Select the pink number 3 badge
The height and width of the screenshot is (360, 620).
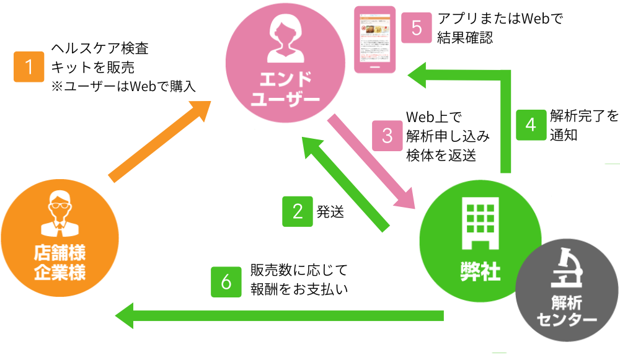(x=387, y=135)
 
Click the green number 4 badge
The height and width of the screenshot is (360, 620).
(x=531, y=124)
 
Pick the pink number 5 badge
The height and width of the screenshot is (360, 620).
(x=416, y=28)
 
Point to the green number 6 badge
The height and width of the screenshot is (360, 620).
(x=226, y=281)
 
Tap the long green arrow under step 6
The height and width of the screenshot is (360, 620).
(x=279, y=316)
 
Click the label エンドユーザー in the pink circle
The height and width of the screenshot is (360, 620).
(x=285, y=88)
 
